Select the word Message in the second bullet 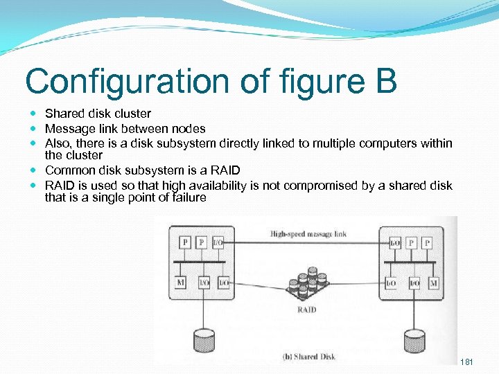tap(67, 128)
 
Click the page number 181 tap(467, 362)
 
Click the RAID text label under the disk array tap(306, 310)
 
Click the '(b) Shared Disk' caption tap(309, 357)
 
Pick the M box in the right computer tap(433, 283)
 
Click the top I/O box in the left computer tap(218, 242)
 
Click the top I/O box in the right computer tap(395, 243)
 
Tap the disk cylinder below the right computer tap(414, 341)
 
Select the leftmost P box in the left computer tap(185, 242)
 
